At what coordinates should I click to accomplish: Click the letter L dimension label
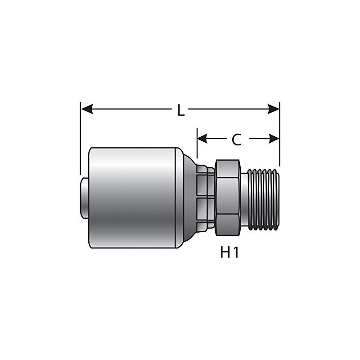pos(180,110)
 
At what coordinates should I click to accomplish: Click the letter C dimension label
pos(236,139)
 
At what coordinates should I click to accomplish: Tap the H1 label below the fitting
pos(229,252)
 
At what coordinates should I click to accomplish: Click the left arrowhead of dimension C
pos(203,139)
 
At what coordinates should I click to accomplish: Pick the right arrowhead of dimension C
pos(274,139)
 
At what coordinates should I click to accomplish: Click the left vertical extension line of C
pos(197,144)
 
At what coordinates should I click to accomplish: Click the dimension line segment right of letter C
pos(259,139)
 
